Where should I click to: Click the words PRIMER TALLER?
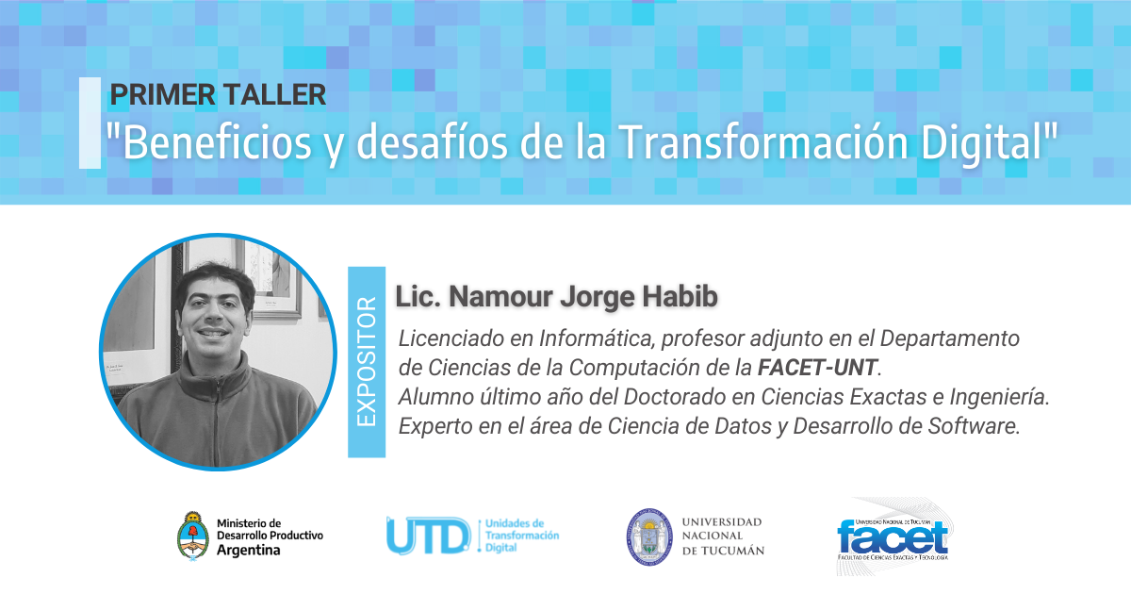click(218, 94)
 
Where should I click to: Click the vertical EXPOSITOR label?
click(367, 362)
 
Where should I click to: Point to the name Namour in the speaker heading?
click(500, 296)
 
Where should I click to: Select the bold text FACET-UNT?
click(817, 368)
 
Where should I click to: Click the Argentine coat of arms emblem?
click(192, 536)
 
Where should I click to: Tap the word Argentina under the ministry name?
click(249, 550)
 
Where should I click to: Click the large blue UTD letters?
click(429, 536)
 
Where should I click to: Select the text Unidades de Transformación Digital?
click(522, 536)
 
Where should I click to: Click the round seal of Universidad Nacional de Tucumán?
click(649, 536)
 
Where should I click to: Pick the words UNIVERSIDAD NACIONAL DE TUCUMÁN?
click(723, 536)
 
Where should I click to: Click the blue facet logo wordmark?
click(893, 537)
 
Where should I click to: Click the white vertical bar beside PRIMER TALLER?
click(90, 123)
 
